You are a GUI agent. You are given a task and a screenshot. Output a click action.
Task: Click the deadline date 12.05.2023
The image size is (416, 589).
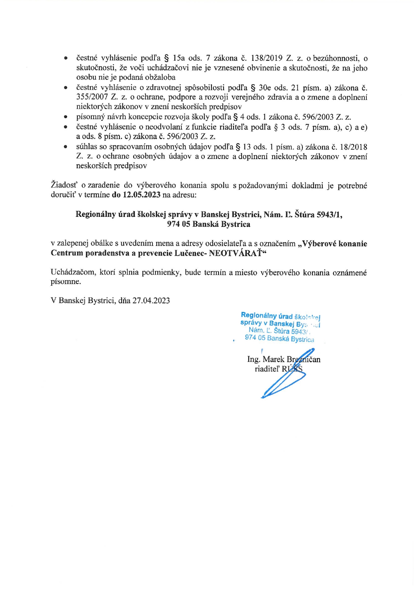click(141, 195)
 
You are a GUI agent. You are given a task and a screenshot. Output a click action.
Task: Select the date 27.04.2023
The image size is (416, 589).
click(151, 300)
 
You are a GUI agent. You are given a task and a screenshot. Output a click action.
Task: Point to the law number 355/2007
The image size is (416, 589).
click(92, 97)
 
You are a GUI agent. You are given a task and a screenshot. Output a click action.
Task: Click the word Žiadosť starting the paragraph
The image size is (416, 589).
click(63, 185)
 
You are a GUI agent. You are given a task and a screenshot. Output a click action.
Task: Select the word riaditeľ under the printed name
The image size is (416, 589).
click(267, 369)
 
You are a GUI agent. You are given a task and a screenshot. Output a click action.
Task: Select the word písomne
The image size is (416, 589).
click(66, 282)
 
